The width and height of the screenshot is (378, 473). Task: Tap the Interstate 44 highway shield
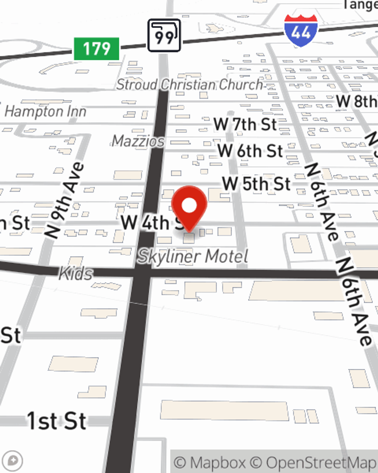pyautogui.click(x=301, y=31)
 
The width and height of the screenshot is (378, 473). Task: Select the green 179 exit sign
pyautogui.click(x=97, y=49)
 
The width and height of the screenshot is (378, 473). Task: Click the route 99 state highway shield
pyautogui.click(x=164, y=36)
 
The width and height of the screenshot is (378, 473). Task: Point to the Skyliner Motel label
pyautogui.click(x=193, y=257)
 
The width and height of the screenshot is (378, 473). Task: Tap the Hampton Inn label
pyautogui.click(x=46, y=111)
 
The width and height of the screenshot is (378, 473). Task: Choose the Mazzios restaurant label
pyautogui.click(x=138, y=141)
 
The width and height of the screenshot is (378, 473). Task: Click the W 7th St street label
pyautogui.click(x=245, y=124)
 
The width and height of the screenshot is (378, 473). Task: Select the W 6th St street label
pyautogui.click(x=250, y=151)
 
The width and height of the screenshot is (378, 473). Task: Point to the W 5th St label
pyautogui.click(x=257, y=184)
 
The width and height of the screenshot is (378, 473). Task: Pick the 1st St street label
pyautogui.click(x=57, y=421)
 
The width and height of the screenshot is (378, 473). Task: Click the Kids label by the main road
pyautogui.click(x=76, y=274)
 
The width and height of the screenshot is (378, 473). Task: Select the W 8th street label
pyautogui.click(x=356, y=101)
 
